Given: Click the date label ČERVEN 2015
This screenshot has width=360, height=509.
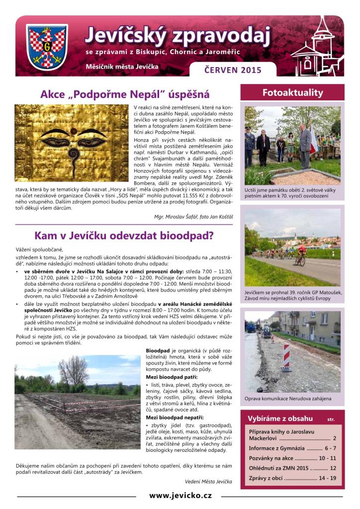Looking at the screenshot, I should click(233, 70).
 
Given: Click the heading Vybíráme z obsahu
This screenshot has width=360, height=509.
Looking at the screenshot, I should click(281, 419).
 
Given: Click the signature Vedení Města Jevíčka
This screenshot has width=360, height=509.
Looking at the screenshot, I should click(208, 482).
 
